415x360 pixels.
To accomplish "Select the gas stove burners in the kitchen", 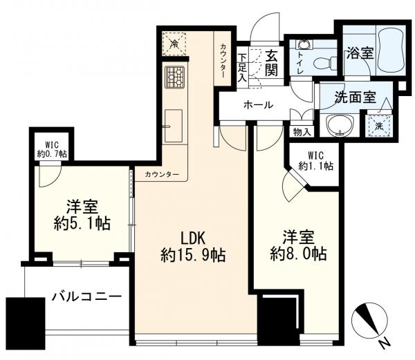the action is [175, 77].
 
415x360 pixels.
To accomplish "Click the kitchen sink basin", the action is [174, 126].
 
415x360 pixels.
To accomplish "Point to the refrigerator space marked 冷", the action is [174, 44].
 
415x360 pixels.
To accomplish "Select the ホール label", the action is [258, 105].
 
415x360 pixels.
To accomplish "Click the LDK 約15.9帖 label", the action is [193, 247].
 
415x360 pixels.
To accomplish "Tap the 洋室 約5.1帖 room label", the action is [82, 216].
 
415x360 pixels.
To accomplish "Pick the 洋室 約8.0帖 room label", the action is [299, 246].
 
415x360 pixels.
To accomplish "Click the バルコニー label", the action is [86, 297].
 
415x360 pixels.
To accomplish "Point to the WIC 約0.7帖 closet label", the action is [52, 149].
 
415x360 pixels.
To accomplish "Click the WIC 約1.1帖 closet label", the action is [316, 161].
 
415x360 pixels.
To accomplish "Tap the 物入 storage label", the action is [302, 132].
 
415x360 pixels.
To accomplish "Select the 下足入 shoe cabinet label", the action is [242, 67].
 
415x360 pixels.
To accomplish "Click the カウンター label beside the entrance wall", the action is [223, 61].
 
